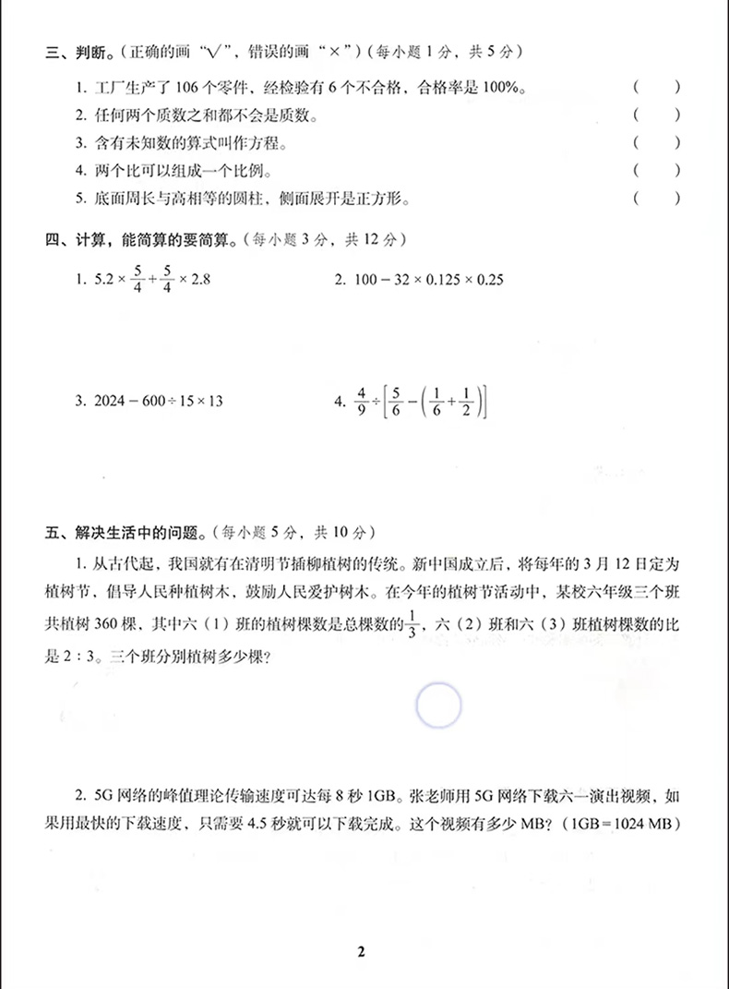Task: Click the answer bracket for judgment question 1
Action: pyautogui.click(x=656, y=89)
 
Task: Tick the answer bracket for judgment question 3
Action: pyautogui.click(x=656, y=143)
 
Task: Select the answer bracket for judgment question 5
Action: pyautogui.click(x=656, y=199)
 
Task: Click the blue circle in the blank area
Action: pyautogui.click(x=438, y=706)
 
